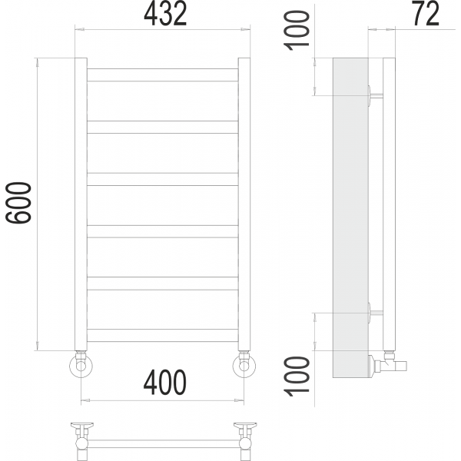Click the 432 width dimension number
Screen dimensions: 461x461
pos(165,14)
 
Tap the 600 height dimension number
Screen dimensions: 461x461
pos(18,203)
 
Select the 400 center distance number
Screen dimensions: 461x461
pos(165,382)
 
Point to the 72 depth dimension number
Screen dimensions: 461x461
pos(426,14)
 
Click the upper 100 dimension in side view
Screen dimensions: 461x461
pos(297,31)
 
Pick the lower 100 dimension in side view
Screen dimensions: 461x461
pos(297,376)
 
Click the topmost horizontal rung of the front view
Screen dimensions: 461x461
pos(162,75)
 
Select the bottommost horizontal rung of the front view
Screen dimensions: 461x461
pos(162,336)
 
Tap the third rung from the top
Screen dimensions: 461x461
pos(162,179)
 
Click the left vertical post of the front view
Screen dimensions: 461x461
pos(81,204)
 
